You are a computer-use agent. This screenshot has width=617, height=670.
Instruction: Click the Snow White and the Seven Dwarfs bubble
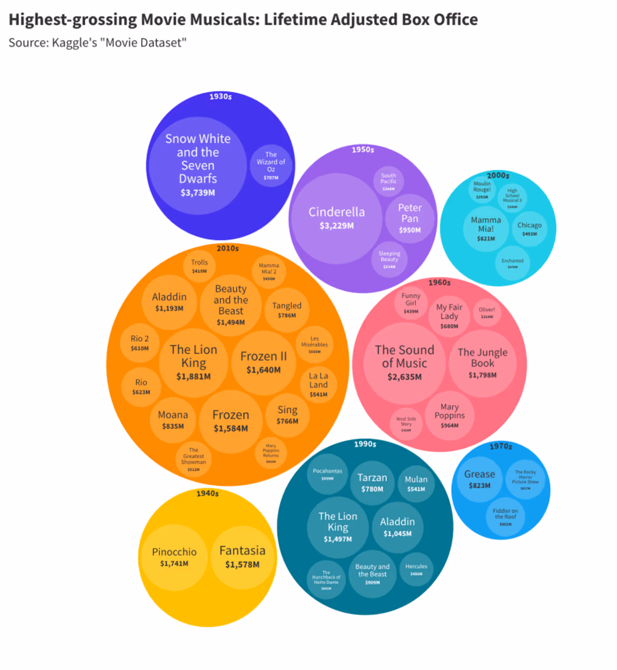197,165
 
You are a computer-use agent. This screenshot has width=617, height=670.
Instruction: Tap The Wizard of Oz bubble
271,166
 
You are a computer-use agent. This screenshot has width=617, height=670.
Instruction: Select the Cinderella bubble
337,218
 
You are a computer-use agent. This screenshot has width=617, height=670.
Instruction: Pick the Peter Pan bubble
410,218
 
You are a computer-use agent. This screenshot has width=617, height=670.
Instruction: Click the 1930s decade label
220,97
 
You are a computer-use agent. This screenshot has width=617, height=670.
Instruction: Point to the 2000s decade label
498,176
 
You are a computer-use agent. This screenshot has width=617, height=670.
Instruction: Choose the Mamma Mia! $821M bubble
486,228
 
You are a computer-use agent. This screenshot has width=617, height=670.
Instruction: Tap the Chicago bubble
529,228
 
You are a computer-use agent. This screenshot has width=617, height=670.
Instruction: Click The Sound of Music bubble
405,363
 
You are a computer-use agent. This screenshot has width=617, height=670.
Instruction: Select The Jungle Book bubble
483,363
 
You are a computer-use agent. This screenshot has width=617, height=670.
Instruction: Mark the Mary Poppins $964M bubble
450,415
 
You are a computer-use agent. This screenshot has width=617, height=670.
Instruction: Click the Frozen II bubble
264,362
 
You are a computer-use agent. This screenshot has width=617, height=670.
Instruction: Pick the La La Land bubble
318,384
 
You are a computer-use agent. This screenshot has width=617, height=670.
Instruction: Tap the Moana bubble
173,419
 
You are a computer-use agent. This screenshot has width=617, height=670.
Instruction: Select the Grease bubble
479,479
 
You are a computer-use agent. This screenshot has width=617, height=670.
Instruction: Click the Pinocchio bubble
174,557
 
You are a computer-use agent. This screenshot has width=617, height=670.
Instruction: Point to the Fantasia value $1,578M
242,565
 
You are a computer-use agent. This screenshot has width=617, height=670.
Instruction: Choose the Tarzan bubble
372,483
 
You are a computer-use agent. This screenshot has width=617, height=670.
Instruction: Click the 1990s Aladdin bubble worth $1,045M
398,527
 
